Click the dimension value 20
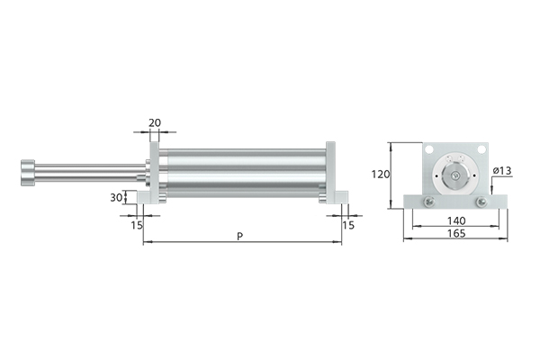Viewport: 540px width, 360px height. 155,122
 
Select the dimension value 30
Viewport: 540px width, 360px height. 116,198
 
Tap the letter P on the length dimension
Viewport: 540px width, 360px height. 240,237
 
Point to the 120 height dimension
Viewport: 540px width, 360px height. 381,175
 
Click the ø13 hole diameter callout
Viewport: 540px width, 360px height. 502,170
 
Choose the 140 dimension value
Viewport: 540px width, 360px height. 456,220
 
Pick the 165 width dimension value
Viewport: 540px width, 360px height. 456,233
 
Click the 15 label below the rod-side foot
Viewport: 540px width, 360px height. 137,225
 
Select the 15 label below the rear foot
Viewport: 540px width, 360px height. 348,225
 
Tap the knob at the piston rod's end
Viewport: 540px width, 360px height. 28,173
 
